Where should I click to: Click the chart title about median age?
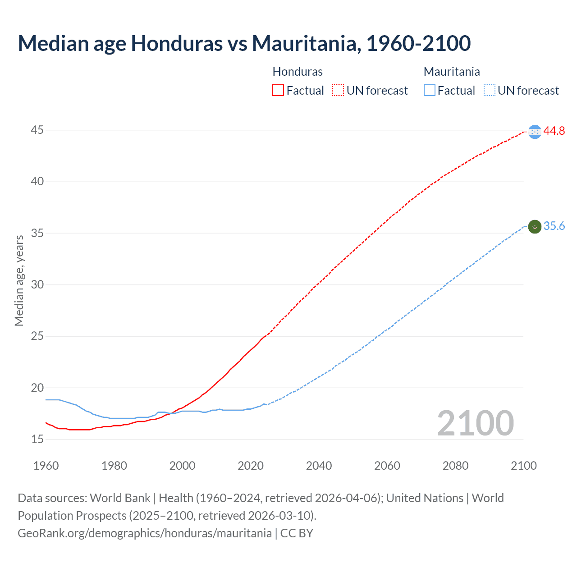244,43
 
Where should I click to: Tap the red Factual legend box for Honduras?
278,91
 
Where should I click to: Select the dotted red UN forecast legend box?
338,91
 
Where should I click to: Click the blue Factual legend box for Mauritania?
429,91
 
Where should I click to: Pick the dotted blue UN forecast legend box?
489,91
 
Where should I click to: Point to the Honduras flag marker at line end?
535,132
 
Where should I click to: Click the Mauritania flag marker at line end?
535,227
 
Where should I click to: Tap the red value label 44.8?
554,131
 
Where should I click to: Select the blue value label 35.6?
554,226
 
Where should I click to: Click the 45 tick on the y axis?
37,130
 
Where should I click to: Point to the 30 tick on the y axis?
37,284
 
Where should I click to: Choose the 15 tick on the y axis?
37,439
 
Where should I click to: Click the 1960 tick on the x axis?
46,466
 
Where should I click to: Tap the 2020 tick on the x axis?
251,466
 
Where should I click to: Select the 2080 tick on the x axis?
455,466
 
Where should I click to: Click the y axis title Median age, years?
19,280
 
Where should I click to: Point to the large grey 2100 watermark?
475,423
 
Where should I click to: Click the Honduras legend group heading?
298,72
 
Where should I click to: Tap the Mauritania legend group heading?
452,72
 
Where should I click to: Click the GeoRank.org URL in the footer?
145,533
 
